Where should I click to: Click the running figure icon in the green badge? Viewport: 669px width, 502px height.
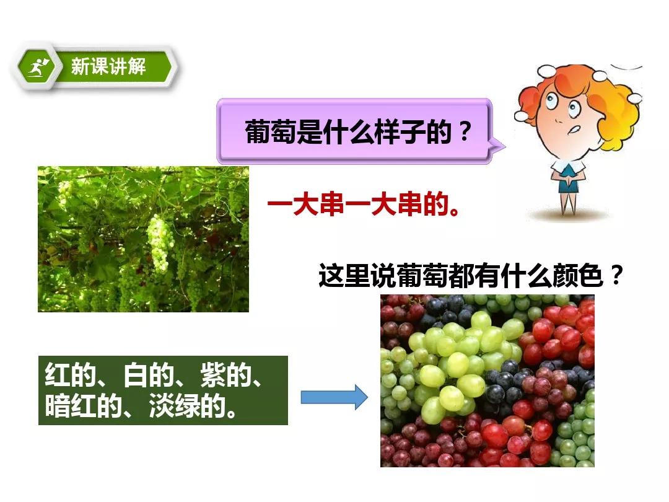pyautogui.click(x=38, y=68)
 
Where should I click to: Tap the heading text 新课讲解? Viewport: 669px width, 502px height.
pyautogui.click(x=108, y=66)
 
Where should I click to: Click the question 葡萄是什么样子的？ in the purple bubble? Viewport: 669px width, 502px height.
pyautogui.click(x=358, y=131)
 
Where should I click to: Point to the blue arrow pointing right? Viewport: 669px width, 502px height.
pyautogui.click(x=334, y=397)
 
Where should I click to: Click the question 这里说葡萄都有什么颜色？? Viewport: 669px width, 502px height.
pyautogui.click(x=471, y=275)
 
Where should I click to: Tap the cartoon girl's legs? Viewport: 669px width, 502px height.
pyautogui.click(x=567, y=203)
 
